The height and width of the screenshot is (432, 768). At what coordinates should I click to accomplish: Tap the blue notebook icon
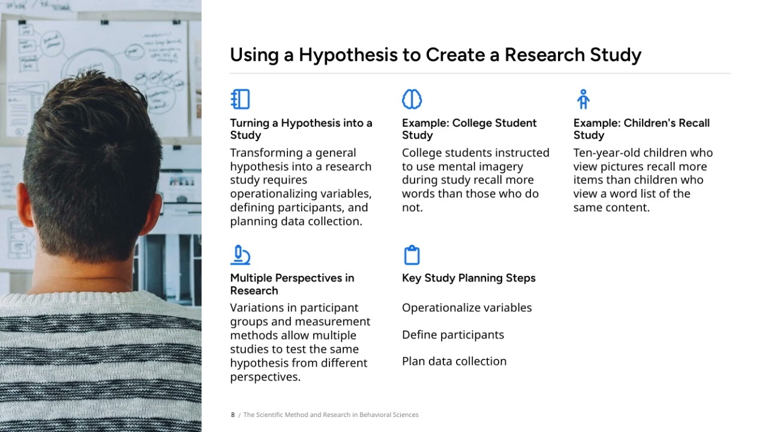click(240, 99)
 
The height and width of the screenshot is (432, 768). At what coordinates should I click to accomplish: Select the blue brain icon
click(412, 99)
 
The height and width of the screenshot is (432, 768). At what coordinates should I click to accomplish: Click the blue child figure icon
click(583, 99)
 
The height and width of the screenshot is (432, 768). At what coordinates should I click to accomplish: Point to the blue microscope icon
click(240, 255)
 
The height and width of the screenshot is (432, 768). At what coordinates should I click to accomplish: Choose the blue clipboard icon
click(412, 255)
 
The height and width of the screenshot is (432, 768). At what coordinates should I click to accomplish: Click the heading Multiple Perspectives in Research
click(292, 284)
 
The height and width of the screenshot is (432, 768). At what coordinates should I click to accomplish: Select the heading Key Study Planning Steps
click(469, 278)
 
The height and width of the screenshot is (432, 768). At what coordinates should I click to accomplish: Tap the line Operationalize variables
click(467, 308)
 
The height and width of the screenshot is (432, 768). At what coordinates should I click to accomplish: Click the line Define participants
click(453, 335)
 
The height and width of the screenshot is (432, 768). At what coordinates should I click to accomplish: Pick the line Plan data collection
click(454, 361)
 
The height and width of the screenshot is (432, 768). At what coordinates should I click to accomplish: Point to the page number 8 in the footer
click(233, 415)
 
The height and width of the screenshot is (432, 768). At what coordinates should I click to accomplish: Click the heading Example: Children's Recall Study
click(641, 129)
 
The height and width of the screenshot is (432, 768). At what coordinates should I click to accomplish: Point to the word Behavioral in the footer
click(374, 415)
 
